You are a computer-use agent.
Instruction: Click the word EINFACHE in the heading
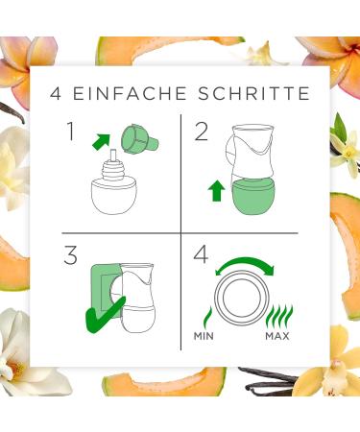tap(130, 93)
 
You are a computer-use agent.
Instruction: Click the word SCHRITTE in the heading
tap(254, 93)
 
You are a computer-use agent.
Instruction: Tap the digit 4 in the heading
tap(56, 93)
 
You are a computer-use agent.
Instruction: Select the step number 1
tap(71, 132)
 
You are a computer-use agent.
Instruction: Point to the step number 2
tap(202, 132)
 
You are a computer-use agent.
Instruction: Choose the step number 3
tap(70, 255)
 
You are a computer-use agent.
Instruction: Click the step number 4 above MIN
tap(201, 255)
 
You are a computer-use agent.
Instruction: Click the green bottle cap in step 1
tap(138, 139)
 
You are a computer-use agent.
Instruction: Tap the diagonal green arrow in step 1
tap(101, 141)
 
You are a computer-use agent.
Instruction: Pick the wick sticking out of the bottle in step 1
tap(113, 156)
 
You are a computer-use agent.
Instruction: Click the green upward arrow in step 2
tap(216, 190)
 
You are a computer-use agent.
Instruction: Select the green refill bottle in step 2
tap(252, 196)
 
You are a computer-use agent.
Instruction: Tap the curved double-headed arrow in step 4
tap(245, 263)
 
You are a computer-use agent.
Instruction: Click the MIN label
tap(204, 336)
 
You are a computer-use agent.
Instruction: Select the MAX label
tap(277, 336)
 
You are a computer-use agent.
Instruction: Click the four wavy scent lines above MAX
tap(279, 318)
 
